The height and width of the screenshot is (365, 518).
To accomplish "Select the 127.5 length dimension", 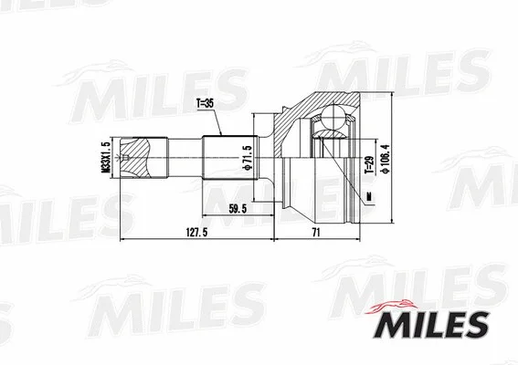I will [x=189, y=232].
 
